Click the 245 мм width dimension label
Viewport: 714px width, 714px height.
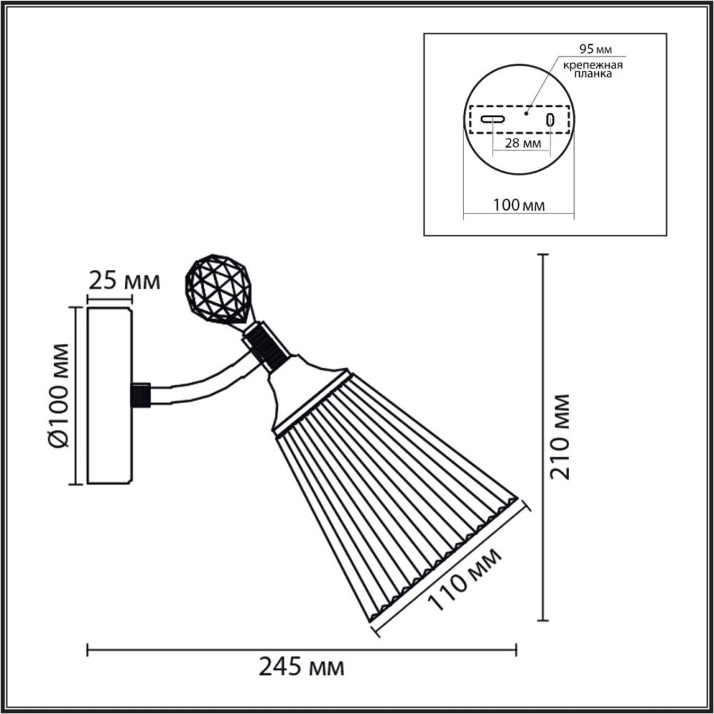coord(301,668)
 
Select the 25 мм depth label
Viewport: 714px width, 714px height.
coord(123,281)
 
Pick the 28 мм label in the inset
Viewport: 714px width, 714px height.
coord(521,143)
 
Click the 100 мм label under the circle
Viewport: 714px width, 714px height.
coord(519,205)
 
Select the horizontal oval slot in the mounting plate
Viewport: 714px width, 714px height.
coord(493,119)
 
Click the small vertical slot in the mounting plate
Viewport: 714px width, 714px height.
coord(550,119)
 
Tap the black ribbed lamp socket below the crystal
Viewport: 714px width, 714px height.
coord(266,345)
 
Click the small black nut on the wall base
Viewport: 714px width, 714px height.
coord(141,394)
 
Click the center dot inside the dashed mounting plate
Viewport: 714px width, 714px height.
coord(526,112)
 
